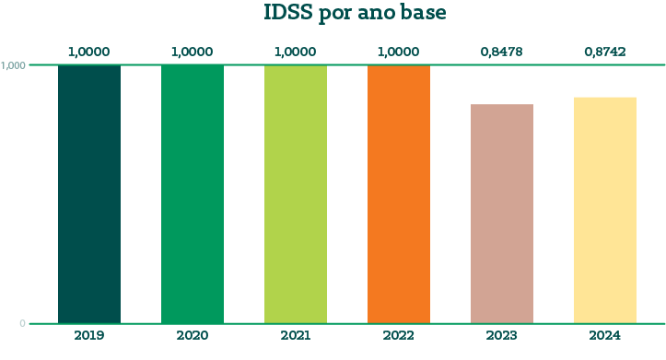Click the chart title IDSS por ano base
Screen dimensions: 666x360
[355, 13]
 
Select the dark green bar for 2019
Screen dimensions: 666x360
[89, 194]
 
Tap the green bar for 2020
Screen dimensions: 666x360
[193, 194]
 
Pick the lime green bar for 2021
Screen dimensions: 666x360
[296, 194]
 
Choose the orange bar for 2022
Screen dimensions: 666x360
[399, 194]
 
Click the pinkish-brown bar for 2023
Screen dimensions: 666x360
[502, 214]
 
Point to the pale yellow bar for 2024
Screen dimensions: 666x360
[605, 210]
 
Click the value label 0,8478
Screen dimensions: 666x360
[502, 52]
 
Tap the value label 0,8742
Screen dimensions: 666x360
[605, 52]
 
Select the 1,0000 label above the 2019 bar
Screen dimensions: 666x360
[89, 52]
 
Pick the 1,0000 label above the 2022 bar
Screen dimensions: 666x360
[399, 52]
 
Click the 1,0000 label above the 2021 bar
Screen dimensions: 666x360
[295, 52]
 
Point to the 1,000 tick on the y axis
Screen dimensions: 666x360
[13, 65]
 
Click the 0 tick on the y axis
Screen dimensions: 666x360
[22, 323]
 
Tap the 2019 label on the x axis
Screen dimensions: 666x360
[89, 335]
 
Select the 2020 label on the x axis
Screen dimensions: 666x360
[193, 335]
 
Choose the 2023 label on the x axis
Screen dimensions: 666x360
[502, 335]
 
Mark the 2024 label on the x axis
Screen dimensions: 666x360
[605, 335]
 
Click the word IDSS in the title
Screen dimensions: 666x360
[288, 11]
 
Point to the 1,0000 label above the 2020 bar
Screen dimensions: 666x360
[192, 52]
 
